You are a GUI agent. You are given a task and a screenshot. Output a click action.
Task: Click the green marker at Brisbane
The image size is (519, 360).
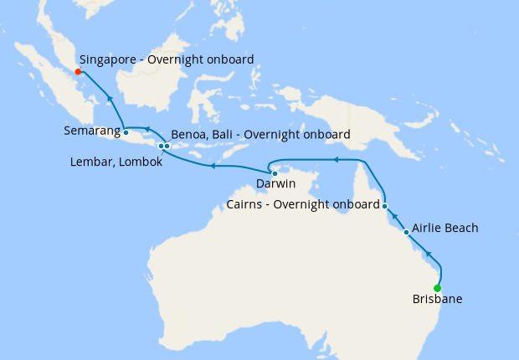point(438,289)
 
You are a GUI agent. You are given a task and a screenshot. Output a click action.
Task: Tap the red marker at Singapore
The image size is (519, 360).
point(78,71)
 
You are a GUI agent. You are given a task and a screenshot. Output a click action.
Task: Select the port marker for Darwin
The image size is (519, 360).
point(275,173)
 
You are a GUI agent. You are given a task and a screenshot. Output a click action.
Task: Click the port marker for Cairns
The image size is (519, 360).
point(384,206)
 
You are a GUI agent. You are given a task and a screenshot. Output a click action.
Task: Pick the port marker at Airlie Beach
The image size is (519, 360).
point(406,232)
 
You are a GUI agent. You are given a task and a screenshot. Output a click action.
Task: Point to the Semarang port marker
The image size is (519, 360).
point(126,132)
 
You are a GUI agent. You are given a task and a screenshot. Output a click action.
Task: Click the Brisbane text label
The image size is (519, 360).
point(437,299)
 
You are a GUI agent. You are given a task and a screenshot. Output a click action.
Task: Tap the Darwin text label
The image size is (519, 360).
point(275,183)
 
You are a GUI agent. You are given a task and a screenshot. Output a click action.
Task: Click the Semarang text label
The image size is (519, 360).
point(90,131)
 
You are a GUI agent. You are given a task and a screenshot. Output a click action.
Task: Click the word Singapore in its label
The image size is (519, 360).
point(110,59)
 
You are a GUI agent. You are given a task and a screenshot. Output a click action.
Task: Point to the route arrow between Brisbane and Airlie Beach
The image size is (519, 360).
point(428,254)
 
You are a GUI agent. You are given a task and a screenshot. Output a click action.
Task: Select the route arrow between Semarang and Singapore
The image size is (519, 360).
point(109,100)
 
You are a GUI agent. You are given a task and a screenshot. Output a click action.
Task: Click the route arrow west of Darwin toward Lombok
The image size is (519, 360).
point(213,166)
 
